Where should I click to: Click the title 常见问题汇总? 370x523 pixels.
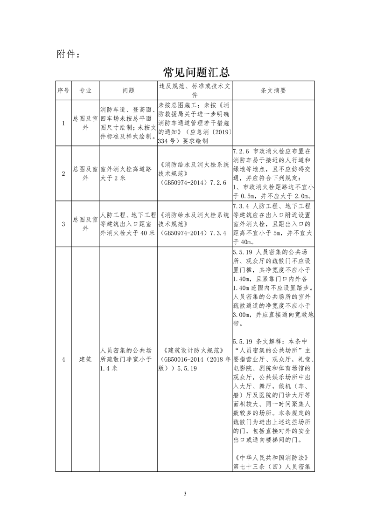[x=196, y=73]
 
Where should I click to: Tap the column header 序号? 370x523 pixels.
[x=63, y=90]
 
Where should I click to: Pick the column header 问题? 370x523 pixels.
[x=128, y=90]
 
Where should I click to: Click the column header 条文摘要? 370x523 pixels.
[x=273, y=90]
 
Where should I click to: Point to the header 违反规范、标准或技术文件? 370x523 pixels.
[x=194, y=90]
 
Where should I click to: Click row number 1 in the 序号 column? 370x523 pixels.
[x=63, y=123]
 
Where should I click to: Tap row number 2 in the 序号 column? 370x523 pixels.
[x=63, y=173]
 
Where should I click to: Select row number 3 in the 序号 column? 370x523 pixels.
[x=63, y=224]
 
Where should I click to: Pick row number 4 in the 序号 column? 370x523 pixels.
[x=63, y=359]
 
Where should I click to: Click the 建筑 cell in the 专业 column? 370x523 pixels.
[x=84, y=359]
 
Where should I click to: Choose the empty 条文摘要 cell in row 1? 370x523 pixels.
[x=273, y=123]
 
